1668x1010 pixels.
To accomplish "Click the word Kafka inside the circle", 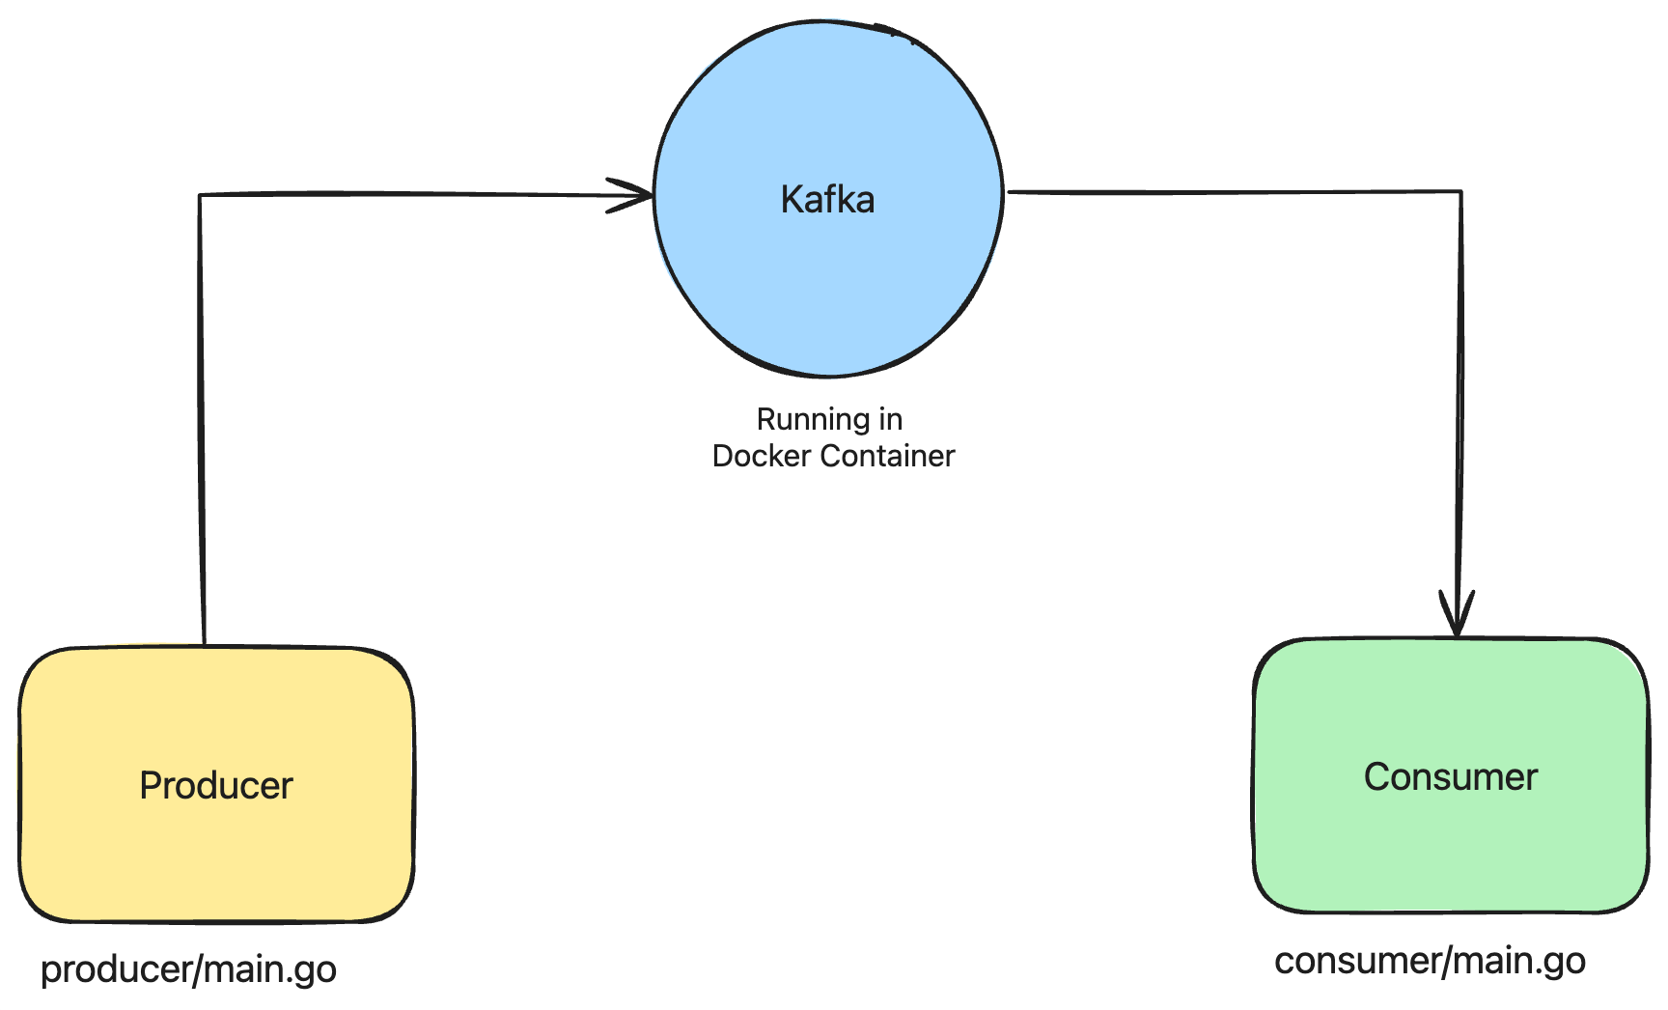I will pos(827,200).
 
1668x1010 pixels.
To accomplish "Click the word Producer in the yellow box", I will pos(215,786).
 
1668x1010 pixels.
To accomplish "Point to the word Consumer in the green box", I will pos(1450,777).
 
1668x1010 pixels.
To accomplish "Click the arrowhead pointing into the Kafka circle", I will pos(637,196).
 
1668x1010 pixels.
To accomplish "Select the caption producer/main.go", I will pos(188,969).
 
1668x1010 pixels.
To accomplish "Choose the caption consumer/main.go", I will pos(1430,961).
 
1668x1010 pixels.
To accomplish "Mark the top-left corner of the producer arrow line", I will pos(200,196).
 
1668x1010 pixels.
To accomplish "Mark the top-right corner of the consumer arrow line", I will pos(1460,192).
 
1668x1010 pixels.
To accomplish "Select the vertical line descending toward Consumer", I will pos(1460,386).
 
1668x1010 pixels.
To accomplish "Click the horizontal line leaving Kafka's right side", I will pos(1236,192).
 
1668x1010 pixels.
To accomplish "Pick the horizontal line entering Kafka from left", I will pos(405,194).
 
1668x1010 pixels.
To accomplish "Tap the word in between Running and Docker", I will pos(890,420).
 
